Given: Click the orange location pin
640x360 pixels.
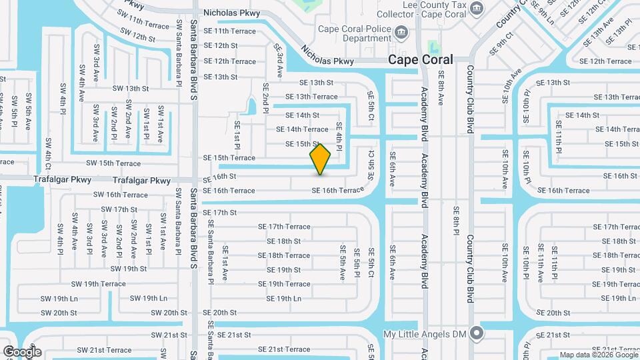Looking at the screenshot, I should click(321, 159).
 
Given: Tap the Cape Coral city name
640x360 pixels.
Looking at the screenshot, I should click(421, 59).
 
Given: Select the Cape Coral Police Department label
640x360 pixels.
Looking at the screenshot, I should click(354, 33).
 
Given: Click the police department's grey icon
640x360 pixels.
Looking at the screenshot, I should click(401, 31).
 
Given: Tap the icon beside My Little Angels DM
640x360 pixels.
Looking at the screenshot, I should click(476, 332).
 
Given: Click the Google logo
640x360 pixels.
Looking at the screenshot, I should click(22, 351).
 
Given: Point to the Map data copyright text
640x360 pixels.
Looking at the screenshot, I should click(597, 355).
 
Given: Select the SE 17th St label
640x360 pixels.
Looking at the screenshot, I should click(219, 213).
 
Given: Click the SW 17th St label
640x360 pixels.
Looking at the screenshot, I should click(119, 209).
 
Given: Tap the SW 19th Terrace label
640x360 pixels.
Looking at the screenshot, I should click(99, 283).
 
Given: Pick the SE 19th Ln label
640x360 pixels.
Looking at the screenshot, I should click(285, 299).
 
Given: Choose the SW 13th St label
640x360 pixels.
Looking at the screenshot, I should click(130, 88).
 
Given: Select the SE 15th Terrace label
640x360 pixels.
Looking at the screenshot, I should click(229, 158).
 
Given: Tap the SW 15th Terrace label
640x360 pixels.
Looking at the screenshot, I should click(113, 163).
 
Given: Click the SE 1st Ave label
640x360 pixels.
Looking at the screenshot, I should click(225, 259).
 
